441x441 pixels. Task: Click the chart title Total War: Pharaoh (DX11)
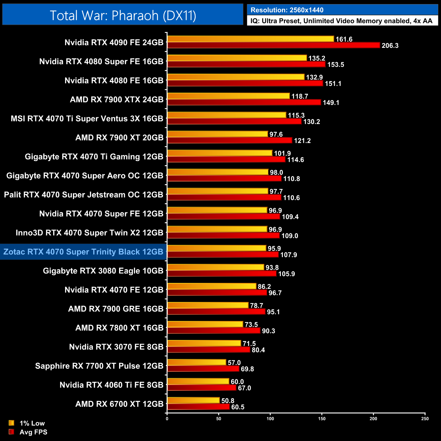click(x=123, y=15)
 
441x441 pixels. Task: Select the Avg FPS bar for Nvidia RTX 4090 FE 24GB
click(x=273, y=45)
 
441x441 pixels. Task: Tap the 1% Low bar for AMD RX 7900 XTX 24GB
click(x=229, y=96)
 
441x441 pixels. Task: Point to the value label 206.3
click(x=390, y=45)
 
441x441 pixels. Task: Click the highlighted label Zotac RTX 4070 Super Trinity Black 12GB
click(x=83, y=252)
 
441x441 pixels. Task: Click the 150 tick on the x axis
click(x=322, y=419)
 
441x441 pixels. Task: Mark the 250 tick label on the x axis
click(x=425, y=419)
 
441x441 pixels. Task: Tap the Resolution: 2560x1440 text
click(x=287, y=10)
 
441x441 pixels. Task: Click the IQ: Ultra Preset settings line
click(x=341, y=21)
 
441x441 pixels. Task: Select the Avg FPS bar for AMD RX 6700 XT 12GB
click(x=198, y=407)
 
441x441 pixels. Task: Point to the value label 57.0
click(x=234, y=363)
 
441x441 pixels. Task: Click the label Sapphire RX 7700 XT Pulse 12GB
click(x=99, y=366)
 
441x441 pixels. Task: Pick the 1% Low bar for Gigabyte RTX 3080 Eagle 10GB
click(x=216, y=267)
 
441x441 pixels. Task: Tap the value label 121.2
click(x=302, y=140)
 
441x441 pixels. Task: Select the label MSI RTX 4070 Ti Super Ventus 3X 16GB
click(x=87, y=118)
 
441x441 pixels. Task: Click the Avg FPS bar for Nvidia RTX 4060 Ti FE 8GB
click(x=202, y=388)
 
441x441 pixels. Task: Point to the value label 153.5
click(x=335, y=64)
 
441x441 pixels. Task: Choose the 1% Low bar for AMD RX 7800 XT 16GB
click(x=205, y=324)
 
